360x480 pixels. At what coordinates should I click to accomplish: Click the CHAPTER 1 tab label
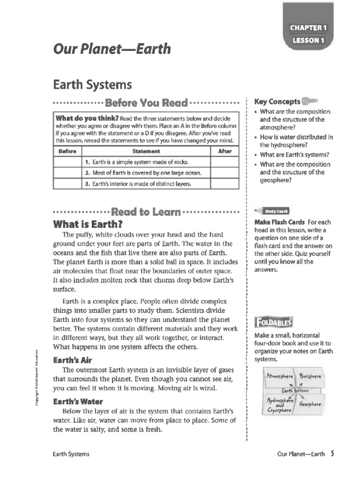point(308,28)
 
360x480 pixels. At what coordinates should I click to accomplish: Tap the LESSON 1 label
point(308,40)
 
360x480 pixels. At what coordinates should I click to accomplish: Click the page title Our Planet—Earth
point(112,49)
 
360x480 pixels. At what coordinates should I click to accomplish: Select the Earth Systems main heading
point(92,85)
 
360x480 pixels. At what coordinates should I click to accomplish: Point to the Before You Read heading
point(146,103)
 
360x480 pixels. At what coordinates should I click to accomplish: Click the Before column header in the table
point(67,151)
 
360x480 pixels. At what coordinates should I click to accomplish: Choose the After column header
point(225,151)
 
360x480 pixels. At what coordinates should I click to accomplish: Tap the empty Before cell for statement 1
point(67,162)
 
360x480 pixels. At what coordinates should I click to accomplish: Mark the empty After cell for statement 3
point(225,184)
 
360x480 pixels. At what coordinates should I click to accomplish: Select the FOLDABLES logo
point(273,322)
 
